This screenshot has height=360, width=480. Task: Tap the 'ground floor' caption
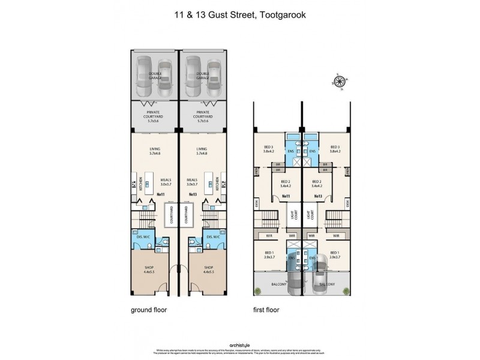pos(148,310)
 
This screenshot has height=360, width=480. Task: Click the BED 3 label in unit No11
pos(268,148)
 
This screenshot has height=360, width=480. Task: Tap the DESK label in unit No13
pos(347,204)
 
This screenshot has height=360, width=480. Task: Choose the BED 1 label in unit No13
pos(334,253)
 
